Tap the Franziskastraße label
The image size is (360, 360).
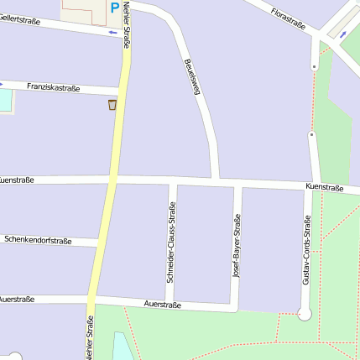pos(53,86)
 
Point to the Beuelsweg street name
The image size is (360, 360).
pos(192,76)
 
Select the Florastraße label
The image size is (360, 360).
pos(288,18)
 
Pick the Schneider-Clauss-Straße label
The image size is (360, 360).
pos(171,242)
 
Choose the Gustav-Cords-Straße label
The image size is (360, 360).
pos(307,250)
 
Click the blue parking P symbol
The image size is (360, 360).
pos(114,8)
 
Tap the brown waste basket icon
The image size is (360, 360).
pos(112,105)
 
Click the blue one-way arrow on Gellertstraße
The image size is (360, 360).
pos(113,34)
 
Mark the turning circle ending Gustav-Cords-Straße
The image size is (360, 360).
pos(305,314)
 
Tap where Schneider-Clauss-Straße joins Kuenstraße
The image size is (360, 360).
pos(172,181)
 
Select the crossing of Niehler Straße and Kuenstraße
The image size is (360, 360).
pos(111,180)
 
